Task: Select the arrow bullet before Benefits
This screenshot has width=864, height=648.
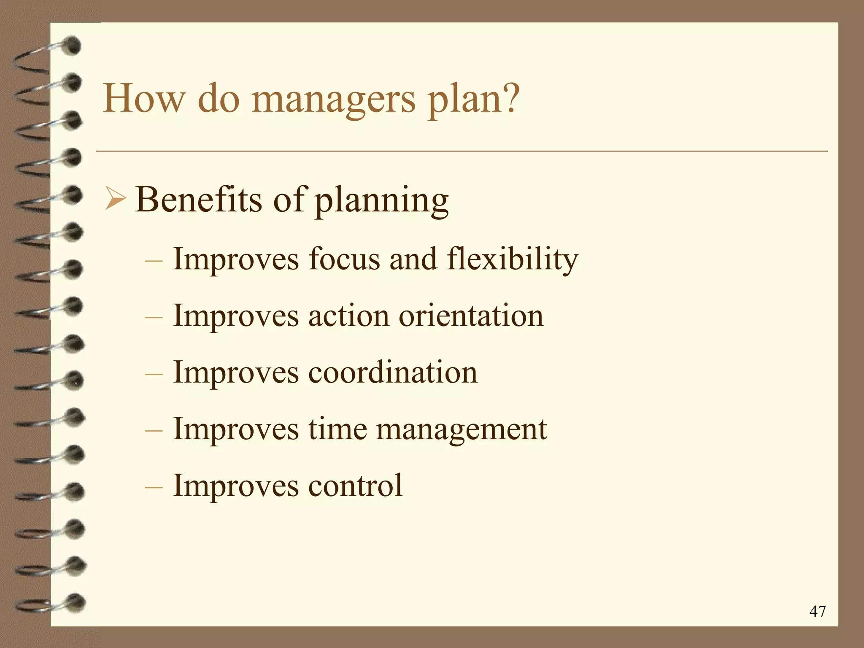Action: click(x=115, y=200)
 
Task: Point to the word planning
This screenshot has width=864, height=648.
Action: click(x=382, y=201)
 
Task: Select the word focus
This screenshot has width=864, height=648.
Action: click(x=344, y=259)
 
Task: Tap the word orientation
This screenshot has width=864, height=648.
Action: click(x=471, y=316)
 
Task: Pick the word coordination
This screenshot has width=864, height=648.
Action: click(x=393, y=373)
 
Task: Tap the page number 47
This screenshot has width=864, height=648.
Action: click(x=817, y=611)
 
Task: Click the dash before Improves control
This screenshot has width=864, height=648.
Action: click(x=154, y=487)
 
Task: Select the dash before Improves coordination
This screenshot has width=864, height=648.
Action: click(x=154, y=374)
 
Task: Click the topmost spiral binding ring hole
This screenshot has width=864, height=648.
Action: click(x=73, y=46)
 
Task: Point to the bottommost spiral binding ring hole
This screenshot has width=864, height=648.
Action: click(x=75, y=603)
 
